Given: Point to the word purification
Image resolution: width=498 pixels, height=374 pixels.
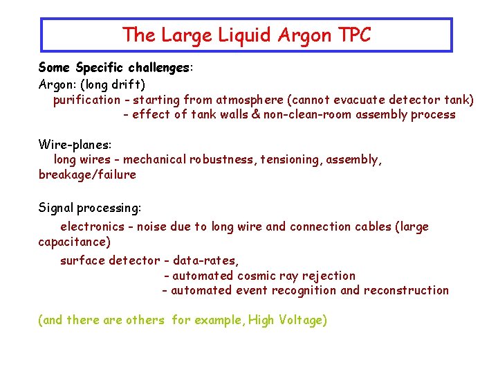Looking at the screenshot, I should (86, 100).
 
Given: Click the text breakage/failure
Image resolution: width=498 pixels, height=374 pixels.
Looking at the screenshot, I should (87, 175).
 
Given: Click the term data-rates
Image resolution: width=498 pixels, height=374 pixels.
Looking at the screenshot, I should (205, 260).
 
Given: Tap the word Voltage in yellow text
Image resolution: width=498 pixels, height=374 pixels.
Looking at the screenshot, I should (302, 320).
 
